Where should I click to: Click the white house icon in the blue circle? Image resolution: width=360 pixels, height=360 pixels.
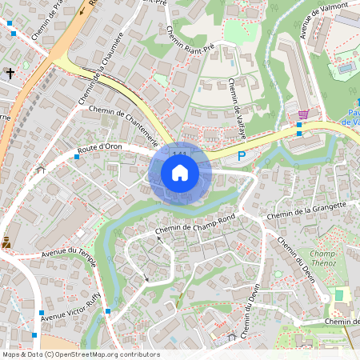point(180,173)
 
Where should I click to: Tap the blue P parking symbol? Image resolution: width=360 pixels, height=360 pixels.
point(242,157)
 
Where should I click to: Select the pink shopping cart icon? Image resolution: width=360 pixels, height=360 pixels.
point(303,114)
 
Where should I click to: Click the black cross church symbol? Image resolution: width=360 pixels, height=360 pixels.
point(10,74)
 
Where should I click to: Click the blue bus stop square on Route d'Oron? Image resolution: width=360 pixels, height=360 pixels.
point(77,157)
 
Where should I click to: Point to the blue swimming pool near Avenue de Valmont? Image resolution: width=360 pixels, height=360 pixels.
point(346,68)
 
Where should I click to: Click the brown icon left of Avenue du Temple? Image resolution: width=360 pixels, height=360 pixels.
point(6,241)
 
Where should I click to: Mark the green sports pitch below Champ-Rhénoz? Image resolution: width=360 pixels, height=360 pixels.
point(338,295)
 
